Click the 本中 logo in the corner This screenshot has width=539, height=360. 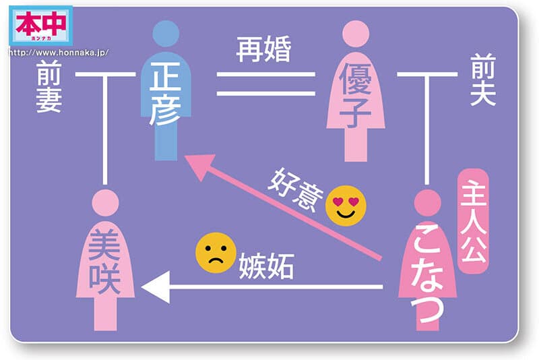(41, 26)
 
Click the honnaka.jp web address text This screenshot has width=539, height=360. (59, 53)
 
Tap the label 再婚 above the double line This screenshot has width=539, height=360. (263, 49)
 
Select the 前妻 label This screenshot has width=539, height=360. (49, 86)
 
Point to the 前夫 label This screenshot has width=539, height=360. (483, 80)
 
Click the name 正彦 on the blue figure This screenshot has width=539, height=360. (166, 94)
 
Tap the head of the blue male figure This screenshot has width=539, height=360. (166, 33)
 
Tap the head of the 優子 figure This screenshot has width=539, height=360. (356, 34)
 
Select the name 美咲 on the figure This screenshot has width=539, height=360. (104, 262)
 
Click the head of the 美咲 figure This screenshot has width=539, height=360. (105, 202)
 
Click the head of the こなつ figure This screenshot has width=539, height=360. (428, 202)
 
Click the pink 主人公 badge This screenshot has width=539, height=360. (474, 221)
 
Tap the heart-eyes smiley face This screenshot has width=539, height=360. (346, 206)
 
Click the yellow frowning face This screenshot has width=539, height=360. (216, 253)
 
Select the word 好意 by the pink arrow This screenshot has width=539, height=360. (296, 190)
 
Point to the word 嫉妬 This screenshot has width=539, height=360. (266, 266)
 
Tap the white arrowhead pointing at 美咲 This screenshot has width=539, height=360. (156, 287)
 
